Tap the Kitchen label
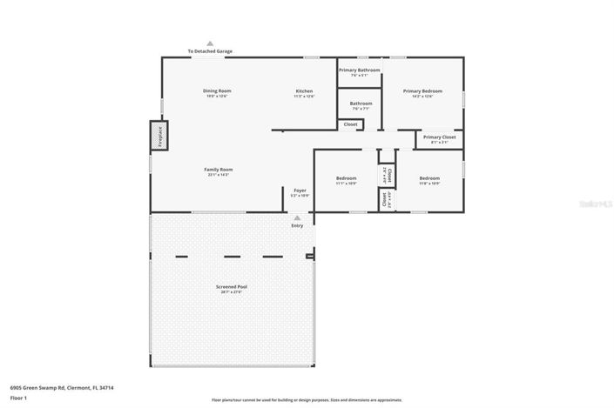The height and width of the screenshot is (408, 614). [x=304, y=90]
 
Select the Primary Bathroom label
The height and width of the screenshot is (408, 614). [x=360, y=70]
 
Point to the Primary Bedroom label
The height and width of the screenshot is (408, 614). [x=422, y=90]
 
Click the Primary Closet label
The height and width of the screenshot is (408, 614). [x=440, y=137]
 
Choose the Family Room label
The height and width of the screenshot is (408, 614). [x=219, y=169]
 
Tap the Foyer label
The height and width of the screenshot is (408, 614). [x=300, y=190]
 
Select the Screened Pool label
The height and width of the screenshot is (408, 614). [x=231, y=286]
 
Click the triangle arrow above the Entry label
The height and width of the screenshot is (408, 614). [x=297, y=217]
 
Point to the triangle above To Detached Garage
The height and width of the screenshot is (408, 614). [x=210, y=43]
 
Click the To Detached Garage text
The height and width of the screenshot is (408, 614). [x=210, y=51]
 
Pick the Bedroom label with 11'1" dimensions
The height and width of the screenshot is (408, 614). [x=346, y=178]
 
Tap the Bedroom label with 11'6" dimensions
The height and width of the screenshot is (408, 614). [x=429, y=178]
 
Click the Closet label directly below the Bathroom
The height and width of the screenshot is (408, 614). [x=350, y=124]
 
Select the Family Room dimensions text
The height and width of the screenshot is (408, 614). [x=219, y=175]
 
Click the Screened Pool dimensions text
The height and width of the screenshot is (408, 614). [x=231, y=292]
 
